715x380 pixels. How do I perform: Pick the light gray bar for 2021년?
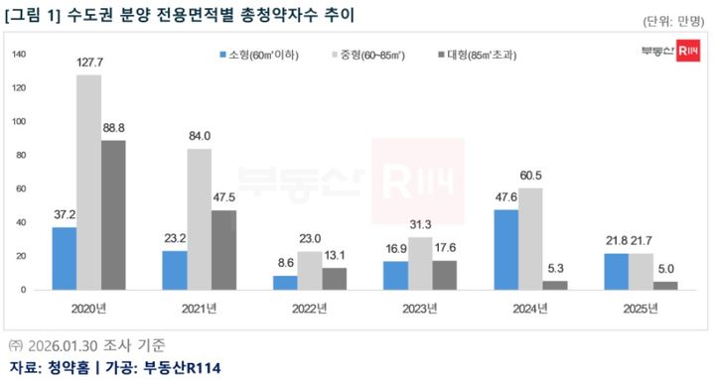click(x=199, y=218)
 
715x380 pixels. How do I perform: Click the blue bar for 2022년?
click(x=285, y=282)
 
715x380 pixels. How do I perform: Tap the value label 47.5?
click(x=224, y=198)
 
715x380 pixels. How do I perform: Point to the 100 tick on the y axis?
click(x=18, y=122)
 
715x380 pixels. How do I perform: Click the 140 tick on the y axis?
click(x=18, y=56)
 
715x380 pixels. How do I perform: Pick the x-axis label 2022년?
click(x=311, y=308)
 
